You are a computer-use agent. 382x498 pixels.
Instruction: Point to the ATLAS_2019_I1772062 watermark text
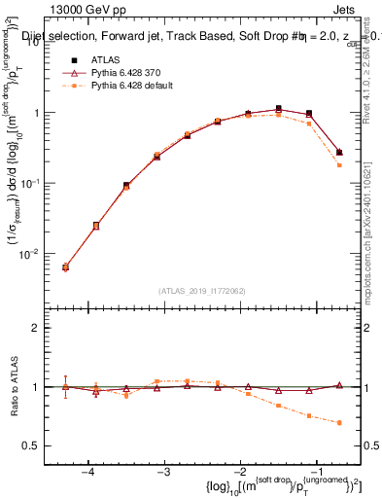click(202, 290)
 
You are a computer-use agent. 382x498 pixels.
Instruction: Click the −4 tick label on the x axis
click(87, 472)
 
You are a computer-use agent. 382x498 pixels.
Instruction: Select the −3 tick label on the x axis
click(163, 472)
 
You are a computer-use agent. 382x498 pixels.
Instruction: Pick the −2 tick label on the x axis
click(239, 472)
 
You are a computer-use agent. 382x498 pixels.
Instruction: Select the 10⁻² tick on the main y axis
click(35, 254)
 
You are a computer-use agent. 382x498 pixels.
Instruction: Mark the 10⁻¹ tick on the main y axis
click(35, 183)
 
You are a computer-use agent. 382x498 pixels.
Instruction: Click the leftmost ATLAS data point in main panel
click(65, 267)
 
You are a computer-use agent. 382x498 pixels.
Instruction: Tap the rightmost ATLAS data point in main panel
click(338, 152)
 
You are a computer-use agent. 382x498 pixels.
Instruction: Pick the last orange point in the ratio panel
click(338, 423)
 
